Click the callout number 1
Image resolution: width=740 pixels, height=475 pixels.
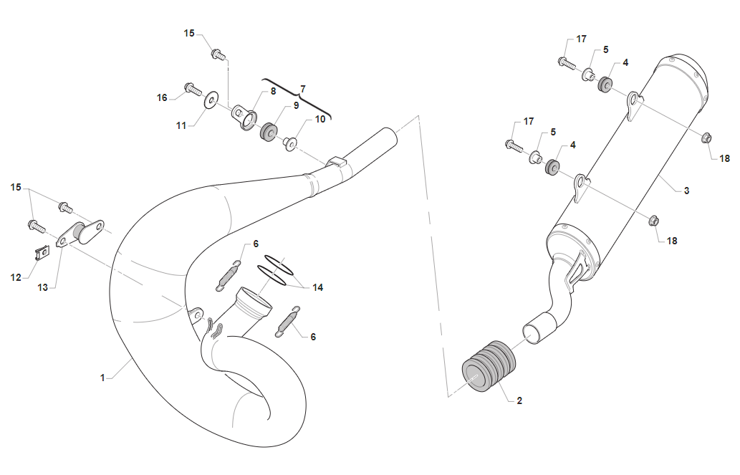pos(102,377)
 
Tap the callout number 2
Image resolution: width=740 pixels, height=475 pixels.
pos(519,400)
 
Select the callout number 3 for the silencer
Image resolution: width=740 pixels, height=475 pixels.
pos(686,191)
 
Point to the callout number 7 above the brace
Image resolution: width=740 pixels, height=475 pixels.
pos(302,88)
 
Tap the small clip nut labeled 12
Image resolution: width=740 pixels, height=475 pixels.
pos(42,253)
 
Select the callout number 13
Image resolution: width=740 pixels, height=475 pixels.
pos(43,287)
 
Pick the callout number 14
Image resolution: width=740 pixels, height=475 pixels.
pos(317,287)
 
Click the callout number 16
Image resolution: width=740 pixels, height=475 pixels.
pos(163,97)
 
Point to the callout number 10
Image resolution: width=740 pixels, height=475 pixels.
pos(319,119)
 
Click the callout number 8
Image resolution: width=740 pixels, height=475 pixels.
pos(272,92)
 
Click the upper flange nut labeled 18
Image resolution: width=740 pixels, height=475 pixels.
pos(705,138)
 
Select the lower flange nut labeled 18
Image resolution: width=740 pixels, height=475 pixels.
pos(653,221)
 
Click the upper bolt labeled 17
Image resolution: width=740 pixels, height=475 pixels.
pos(566,62)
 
